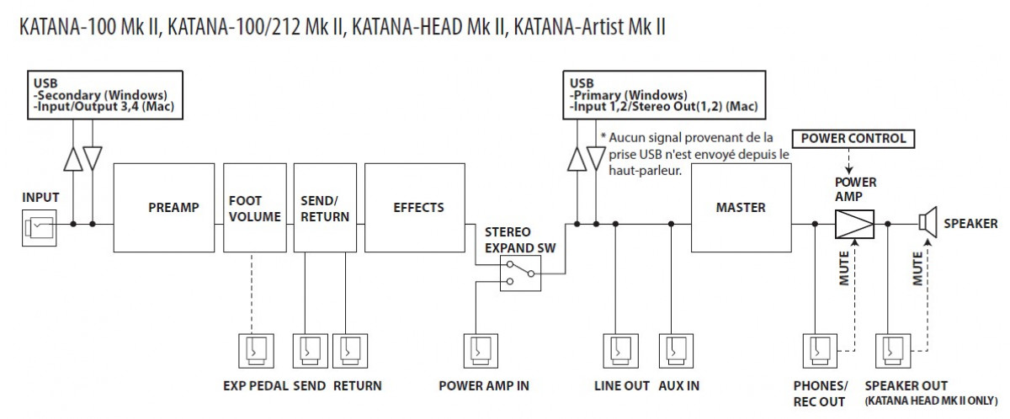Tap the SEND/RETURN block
325,208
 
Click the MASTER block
741,208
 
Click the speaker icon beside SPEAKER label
928,223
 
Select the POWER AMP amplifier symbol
854,224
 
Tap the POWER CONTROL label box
853,138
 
